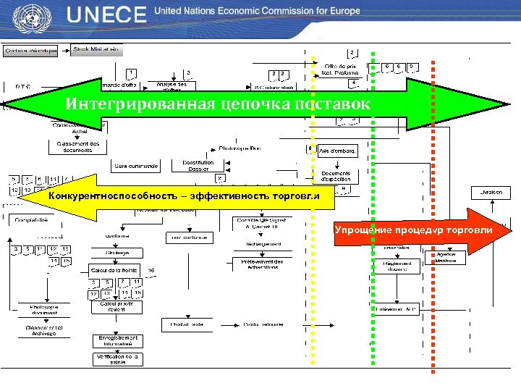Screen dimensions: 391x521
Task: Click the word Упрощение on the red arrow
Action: (362, 230)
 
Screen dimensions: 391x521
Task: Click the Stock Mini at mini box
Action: (98, 50)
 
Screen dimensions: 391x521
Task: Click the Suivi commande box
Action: (136, 167)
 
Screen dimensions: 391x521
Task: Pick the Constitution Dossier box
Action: (198, 166)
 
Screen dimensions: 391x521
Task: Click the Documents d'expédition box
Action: (336, 175)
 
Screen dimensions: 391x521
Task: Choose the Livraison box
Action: (486, 192)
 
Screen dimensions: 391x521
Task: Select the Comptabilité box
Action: (28, 219)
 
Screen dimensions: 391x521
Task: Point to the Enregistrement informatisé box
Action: (117, 340)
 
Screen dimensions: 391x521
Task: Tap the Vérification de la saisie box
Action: (117, 358)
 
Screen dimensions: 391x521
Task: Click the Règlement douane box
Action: (396, 267)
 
